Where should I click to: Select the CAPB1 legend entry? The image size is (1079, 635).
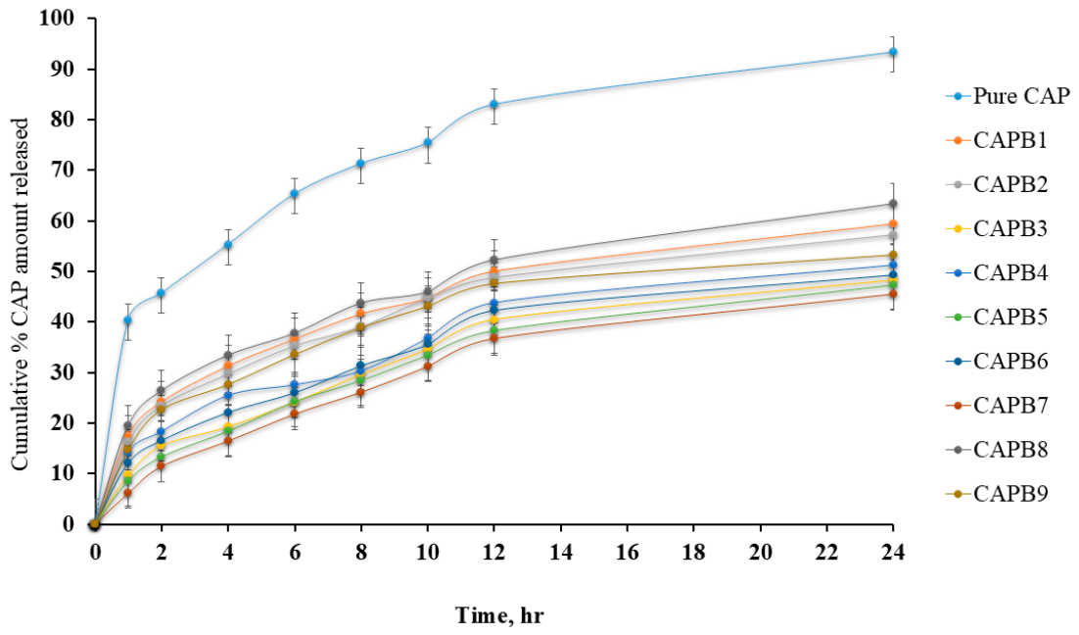pos(997,140)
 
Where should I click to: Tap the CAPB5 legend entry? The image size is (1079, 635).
pos(997,317)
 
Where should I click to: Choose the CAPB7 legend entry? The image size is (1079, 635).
pos(997,405)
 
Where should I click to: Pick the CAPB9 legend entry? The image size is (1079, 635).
pos(997,493)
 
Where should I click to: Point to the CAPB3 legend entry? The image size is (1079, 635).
pos(997,228)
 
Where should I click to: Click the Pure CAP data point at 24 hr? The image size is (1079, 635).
pos(893,52)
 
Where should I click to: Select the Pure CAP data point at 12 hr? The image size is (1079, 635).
pos(493,104)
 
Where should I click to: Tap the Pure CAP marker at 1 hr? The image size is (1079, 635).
pos(128,319)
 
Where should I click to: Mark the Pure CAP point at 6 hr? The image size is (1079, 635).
pos(294,193)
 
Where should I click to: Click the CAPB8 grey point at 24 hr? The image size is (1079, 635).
pos(893,204)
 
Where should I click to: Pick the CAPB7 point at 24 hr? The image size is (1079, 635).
pos(893,294)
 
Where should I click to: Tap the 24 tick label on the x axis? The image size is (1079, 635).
pos(893,552)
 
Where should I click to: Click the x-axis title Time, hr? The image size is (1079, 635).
pos(499,615)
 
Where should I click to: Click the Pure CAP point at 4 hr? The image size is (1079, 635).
pos(228,245)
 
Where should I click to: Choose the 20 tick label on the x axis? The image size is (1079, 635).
pos(760,552)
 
